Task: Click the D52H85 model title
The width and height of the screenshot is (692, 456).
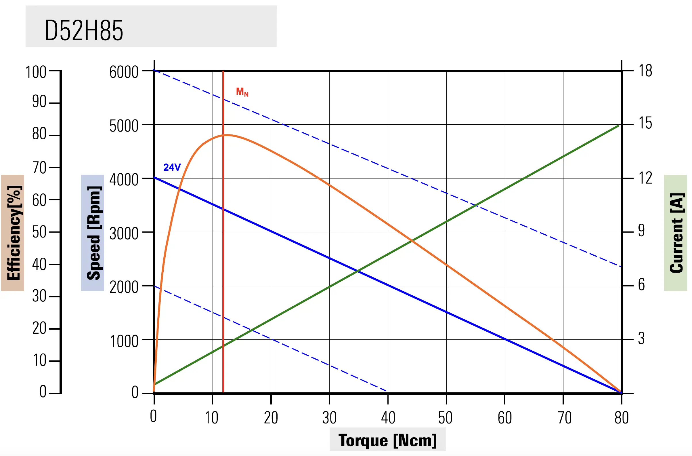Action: click(84, 30)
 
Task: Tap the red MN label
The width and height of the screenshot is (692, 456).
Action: click(242, 92)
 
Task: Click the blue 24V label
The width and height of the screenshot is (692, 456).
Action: click(172, 167)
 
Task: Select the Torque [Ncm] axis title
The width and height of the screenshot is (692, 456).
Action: click(387, 440)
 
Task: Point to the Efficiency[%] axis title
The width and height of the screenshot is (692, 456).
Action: click(13, 233)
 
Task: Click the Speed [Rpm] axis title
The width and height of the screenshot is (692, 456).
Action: click(93, 233)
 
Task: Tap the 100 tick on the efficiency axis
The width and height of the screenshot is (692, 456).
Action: click(36, 72)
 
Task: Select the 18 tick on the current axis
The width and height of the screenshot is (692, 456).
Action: click(645, 71)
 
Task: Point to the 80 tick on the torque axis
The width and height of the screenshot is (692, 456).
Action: click(621, 418)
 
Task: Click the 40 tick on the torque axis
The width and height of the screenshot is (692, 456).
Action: click(388, 418)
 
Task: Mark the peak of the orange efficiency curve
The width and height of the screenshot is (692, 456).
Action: click(228, 135)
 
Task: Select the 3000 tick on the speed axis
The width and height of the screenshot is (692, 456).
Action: click(124, 233)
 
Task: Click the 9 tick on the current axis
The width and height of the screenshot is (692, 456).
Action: click(641, 231)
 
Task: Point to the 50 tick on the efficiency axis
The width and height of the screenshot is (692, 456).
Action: click(39, 232)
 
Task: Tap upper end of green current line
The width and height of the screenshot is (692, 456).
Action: click(618, 126)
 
